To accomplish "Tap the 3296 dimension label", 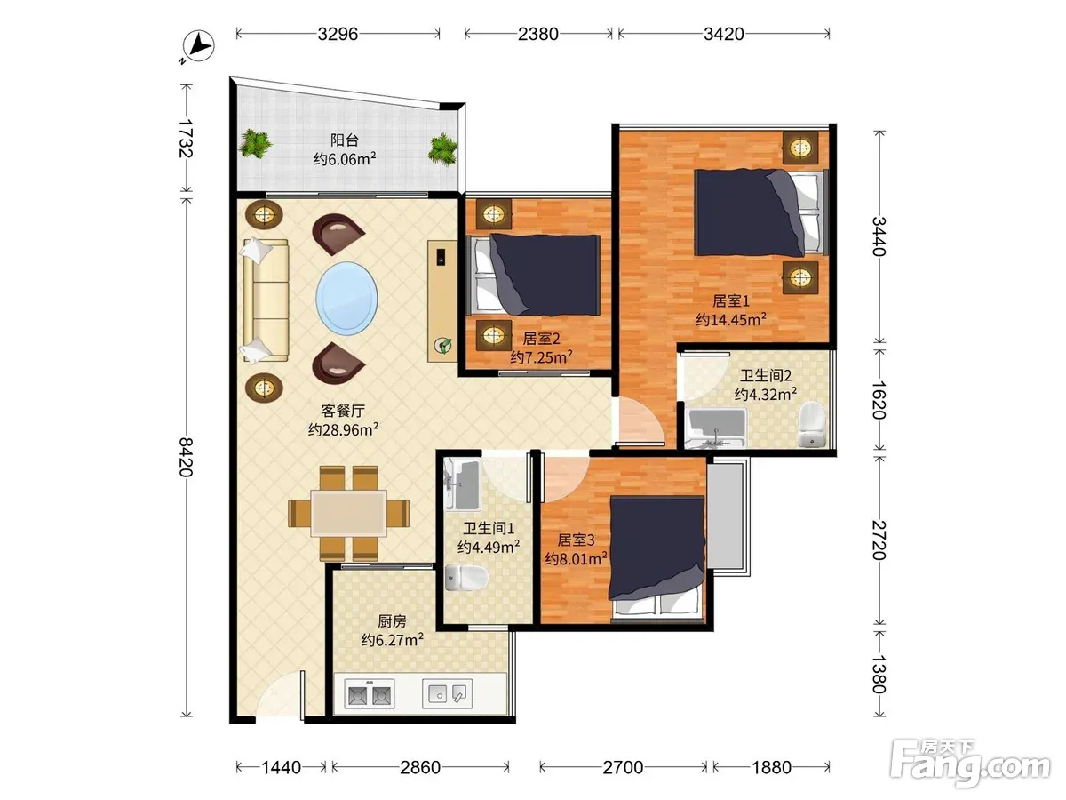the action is tap(338, 34).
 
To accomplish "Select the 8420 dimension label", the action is tap(186, 457).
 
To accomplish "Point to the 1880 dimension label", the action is tap(771, 767).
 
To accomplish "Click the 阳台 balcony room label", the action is tap(345, 140).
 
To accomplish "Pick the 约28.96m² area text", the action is tap(343, 429).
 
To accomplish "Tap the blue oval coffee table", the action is tap(346, 296).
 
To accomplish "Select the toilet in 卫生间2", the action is tap(812, 424).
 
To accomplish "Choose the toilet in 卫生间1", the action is tap(466, 578).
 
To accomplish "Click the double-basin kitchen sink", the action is tap(369, 694).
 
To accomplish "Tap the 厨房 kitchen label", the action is tap(392, 621).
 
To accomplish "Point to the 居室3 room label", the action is tap(576, 540).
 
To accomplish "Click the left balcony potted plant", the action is tap(256, 143).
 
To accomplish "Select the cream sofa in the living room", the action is tap(265, 300).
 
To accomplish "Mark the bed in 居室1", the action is tap(761, 212).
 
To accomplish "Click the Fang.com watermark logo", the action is tap(970, 764).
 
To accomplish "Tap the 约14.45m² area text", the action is tap(731, 320).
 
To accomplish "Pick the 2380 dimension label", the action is tap(537, 34).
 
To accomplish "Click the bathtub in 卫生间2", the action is tap(717, 428).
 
